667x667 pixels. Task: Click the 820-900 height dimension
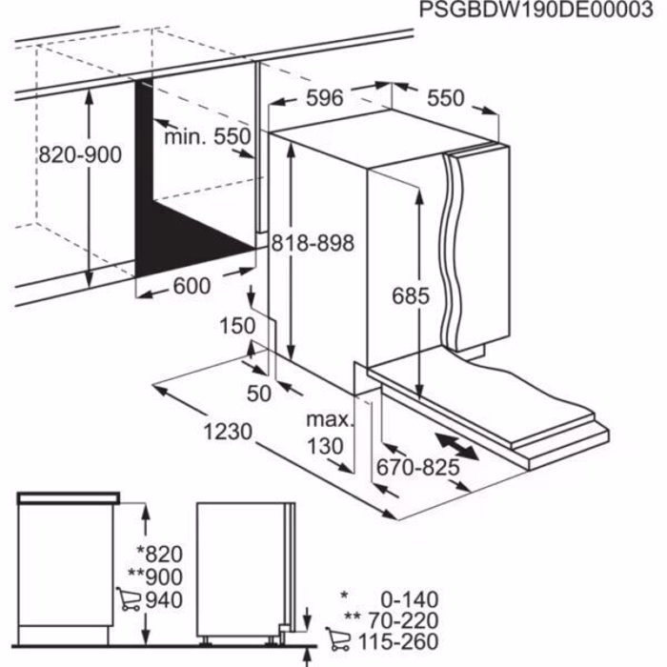81,153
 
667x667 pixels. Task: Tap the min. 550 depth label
207,136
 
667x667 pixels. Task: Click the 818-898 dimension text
312,243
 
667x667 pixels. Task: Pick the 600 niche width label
193,285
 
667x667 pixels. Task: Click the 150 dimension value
238,326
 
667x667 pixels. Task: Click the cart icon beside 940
127,599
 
